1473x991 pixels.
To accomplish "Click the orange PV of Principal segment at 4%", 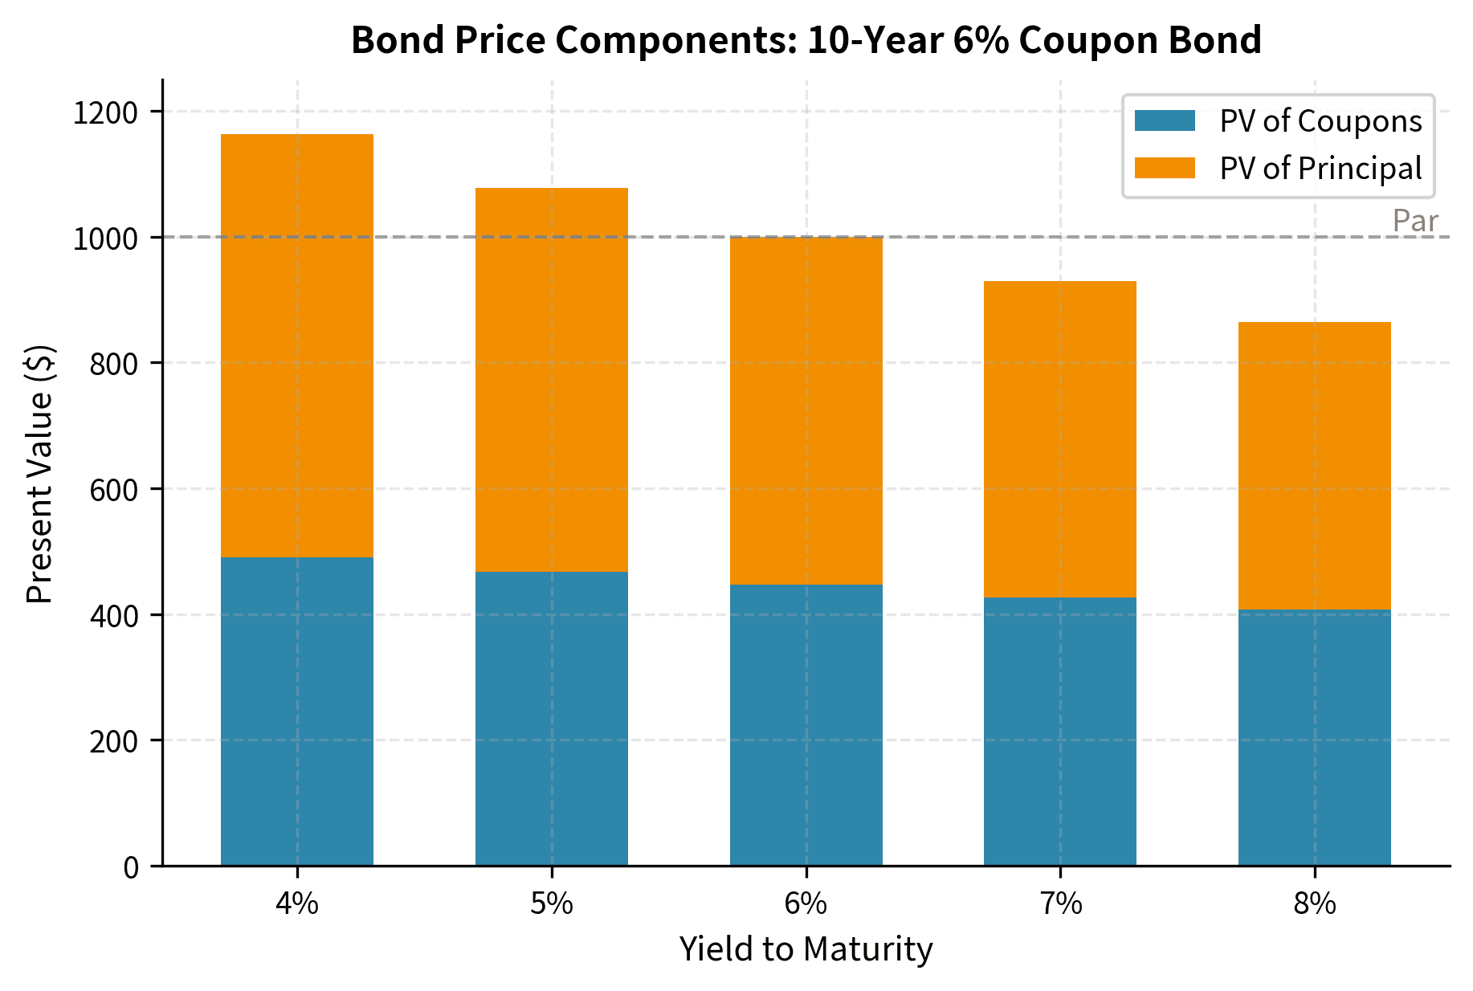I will (296, 345).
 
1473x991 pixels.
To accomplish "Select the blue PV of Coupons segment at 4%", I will (296, 711).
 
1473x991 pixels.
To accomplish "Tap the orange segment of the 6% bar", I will (806, 410).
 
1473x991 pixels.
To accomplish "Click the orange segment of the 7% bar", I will (1059, 438).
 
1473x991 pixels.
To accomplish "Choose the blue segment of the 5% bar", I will (551, 718).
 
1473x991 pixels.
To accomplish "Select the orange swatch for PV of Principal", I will (1165, 168).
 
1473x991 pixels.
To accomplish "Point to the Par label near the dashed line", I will (1414, 221).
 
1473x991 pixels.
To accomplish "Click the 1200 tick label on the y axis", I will (105, 112).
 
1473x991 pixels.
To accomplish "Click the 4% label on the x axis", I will (296, 904).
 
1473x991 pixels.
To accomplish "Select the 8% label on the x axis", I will (1314, 904).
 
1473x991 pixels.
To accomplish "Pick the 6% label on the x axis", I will (806, 904).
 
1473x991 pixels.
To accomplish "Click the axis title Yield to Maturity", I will (806, 949).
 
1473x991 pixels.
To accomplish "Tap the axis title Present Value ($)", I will (39, 474).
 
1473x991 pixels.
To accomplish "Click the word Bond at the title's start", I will (386, 40).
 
